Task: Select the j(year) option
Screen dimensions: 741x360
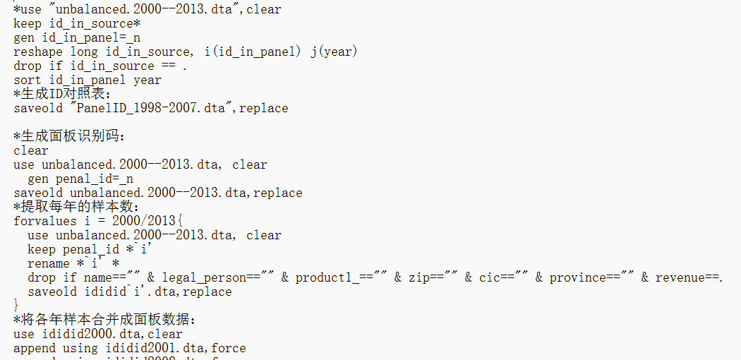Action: click(335, 52)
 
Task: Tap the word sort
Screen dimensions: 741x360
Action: click(28, 80)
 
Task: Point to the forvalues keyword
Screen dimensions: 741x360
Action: click(45, 221)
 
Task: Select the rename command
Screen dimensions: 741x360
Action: click(49, 263)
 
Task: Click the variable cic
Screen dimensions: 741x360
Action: click(490, 277)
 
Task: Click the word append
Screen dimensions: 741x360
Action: click(35, 348)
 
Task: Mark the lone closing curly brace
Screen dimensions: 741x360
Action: click(17, 305)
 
